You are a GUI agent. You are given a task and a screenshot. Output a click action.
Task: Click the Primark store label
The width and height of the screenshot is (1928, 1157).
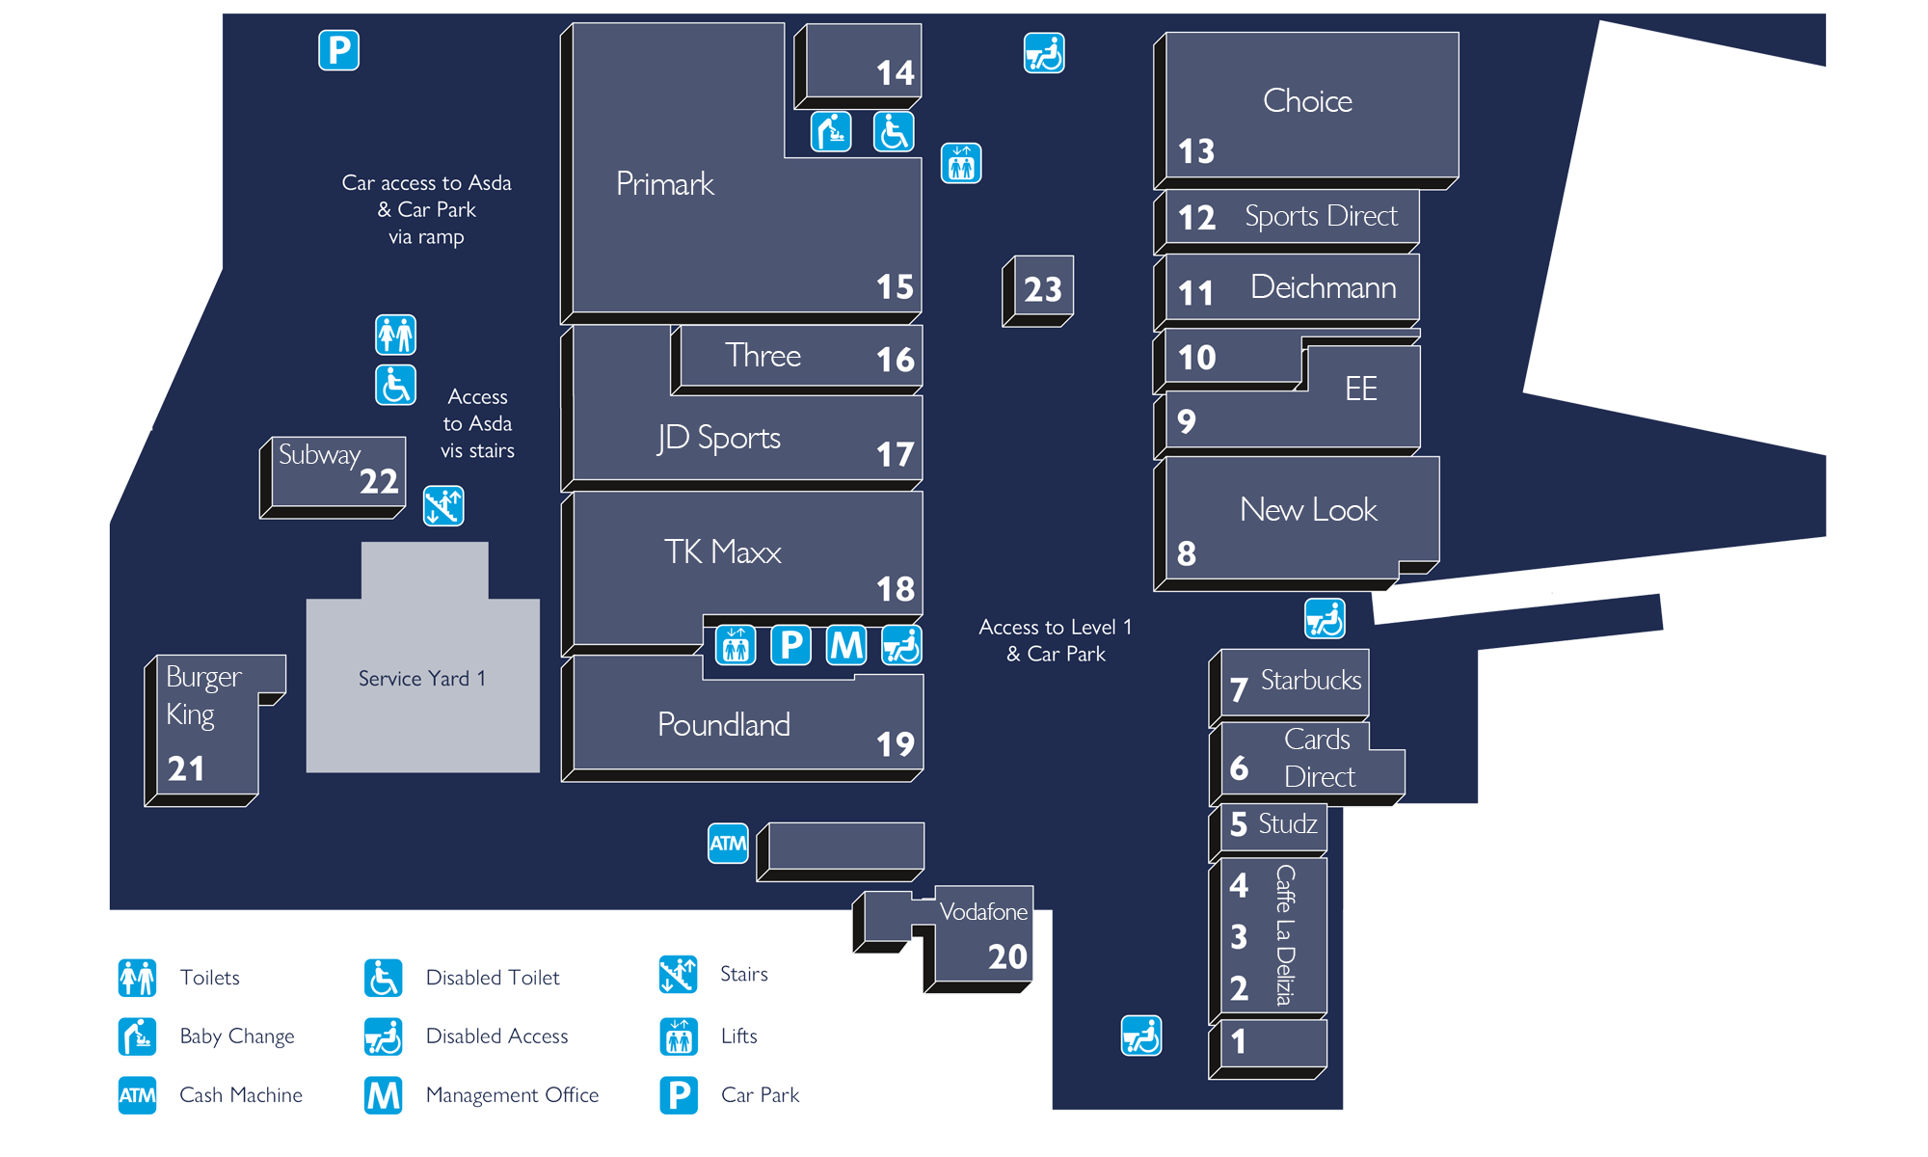(x=664, y=183)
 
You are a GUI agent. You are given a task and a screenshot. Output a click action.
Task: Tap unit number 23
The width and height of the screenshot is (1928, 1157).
(x=1042, y=289)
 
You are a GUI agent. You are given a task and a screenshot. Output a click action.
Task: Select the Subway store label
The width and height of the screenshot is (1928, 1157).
(x=319, y=454)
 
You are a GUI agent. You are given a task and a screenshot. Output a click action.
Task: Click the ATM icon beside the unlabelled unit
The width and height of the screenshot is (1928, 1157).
(x=728, y=844)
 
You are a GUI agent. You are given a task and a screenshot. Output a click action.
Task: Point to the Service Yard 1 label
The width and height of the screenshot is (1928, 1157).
(x=421, y=679)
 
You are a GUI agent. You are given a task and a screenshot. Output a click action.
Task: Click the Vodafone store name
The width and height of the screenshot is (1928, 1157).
(x=982, y=912)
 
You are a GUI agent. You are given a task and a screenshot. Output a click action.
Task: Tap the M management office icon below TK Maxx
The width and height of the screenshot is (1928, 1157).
(x=846, y=645)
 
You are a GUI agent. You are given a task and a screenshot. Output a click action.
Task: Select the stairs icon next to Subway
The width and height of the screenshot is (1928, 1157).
(x=443, y=506)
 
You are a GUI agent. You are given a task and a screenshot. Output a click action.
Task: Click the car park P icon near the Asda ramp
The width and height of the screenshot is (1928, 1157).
(x=338, y=50)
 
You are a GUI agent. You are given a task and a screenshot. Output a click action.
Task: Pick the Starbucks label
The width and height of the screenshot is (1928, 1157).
(x=1310, y=681)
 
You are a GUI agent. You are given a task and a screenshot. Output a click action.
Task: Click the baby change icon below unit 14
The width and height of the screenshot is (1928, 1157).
(x=831, y=132)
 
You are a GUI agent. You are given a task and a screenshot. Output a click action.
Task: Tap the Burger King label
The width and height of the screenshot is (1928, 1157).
(x=202, y=695)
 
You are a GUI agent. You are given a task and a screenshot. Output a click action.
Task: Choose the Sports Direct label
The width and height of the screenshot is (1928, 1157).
(x=1320, y=216)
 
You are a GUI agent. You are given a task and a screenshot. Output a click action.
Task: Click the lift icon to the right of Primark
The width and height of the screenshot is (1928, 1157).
(x=961, y=164)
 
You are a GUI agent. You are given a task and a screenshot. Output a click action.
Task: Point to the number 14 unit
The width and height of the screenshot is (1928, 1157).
(x=895, y=73)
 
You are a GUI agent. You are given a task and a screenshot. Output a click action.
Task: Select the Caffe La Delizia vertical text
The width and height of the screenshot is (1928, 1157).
(x=1284, y=934)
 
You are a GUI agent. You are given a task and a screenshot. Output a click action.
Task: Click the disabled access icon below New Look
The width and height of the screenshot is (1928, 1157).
(x=1325, y=619)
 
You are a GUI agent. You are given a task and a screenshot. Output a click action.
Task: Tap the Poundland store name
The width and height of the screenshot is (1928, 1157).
(x=723, y=725)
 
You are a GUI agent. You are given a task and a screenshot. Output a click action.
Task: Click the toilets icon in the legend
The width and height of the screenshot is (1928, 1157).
(x=137, y=978)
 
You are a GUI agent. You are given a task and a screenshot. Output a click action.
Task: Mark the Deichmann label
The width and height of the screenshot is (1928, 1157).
(x=1323, y=287)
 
